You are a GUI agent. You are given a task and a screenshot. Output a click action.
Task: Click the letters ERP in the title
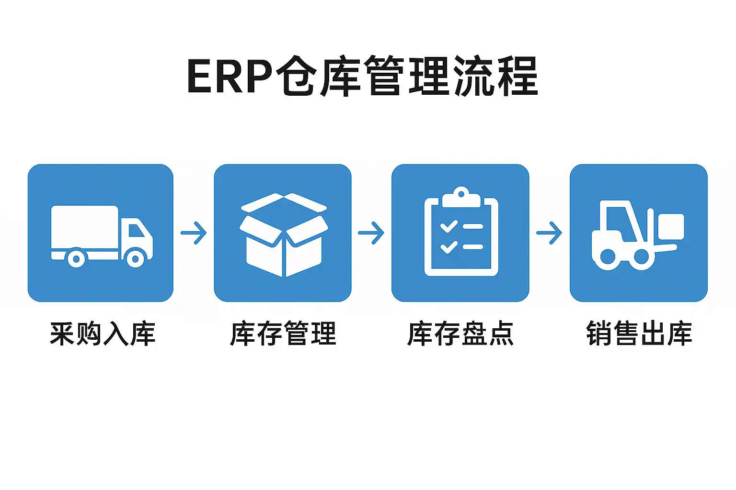coord(229,77)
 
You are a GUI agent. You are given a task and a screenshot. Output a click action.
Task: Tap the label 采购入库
coord(103,334)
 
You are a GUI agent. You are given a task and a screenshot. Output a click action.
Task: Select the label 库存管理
coord(283,334)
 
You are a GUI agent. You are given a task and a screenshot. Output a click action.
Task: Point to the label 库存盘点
coord(460,334)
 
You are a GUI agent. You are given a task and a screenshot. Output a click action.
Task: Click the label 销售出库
coord(639,334)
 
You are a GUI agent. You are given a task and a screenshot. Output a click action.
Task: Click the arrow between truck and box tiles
coord(194,233)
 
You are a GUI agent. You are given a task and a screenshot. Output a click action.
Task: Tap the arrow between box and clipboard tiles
coord(371,233)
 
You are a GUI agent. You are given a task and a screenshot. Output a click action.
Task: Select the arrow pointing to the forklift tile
coord(549,233)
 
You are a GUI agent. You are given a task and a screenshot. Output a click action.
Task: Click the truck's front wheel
coord(136,259)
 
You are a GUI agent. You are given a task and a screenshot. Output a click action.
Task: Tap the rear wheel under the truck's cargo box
coord(76,259)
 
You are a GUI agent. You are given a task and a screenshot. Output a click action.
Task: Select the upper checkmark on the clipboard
coord(448,226)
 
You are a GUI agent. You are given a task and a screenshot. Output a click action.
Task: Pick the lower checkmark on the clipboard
coord(448,246)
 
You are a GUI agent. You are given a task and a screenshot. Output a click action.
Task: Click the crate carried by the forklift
coord(670,227)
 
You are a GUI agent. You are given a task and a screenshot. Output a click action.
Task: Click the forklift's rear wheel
coord(608,257)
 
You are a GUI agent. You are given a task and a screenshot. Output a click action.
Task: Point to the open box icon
coord(284,234)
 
